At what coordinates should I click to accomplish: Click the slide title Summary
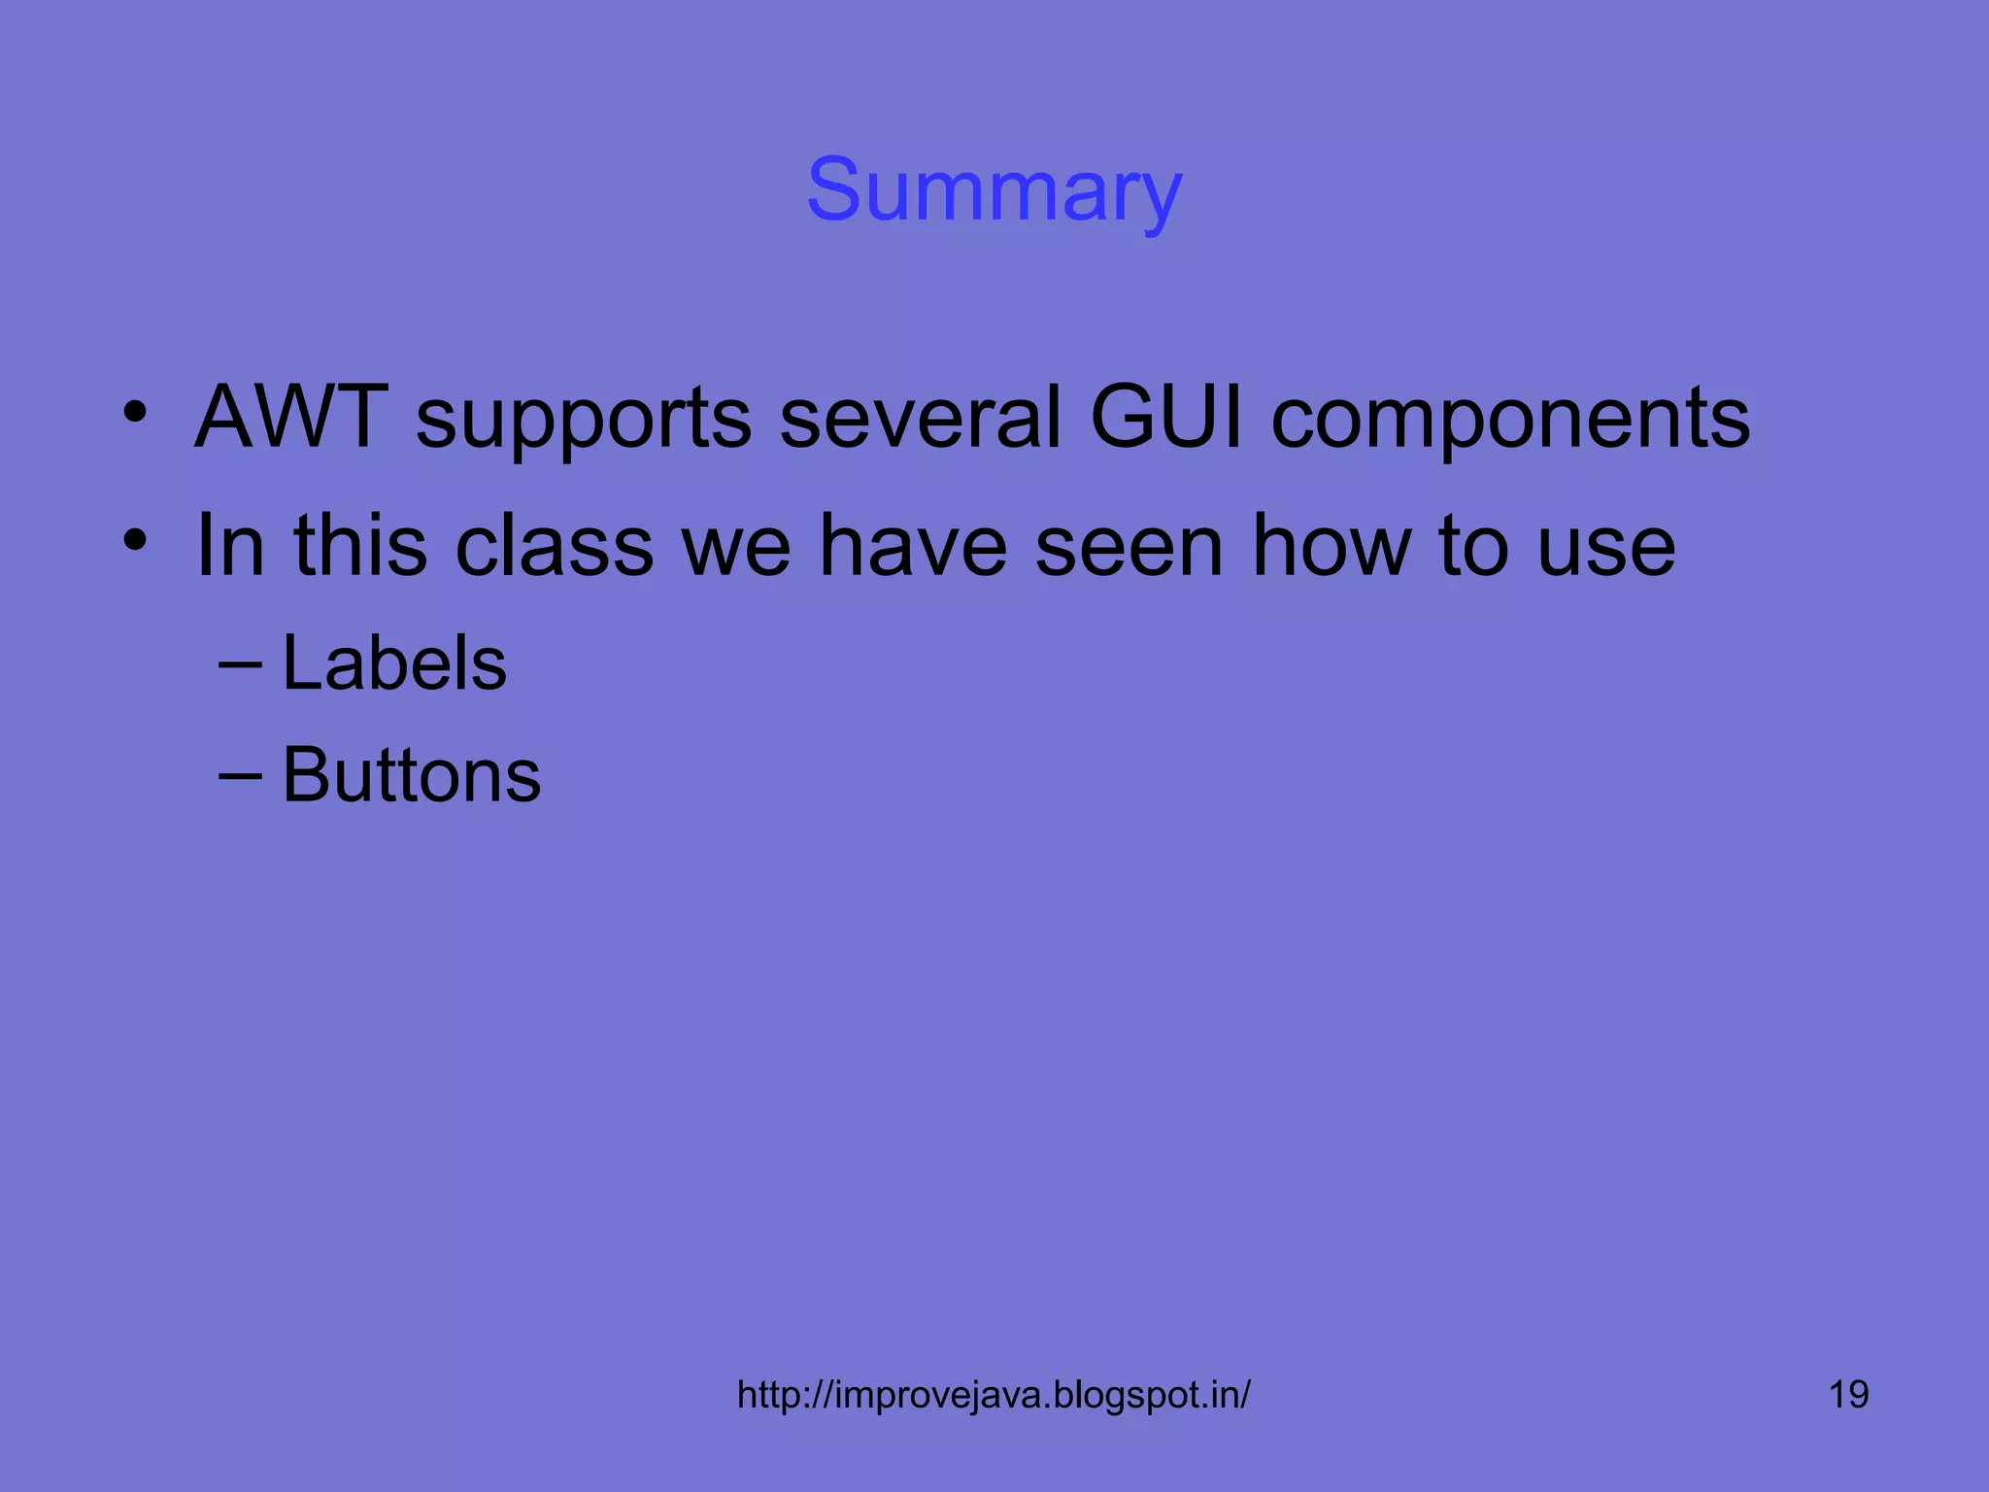click(x=994, y=190)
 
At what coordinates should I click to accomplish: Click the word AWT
click(x=291, y=418)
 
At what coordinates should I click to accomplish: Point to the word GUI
click(x=1165, y=418)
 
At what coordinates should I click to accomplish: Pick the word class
click(x=555, y=546)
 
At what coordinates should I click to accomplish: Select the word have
click(x=913, y=546)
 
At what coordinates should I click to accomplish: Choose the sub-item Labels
click(x=394, y=663)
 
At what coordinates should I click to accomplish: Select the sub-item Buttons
click(x=411, y=775)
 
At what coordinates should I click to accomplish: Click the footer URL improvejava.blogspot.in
click(x=994, y=1395)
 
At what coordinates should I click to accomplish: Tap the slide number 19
click(x=1848, y=1395)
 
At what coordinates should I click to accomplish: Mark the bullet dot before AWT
click(x=135, y=412)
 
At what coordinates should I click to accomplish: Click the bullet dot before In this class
click(x=135, y=539)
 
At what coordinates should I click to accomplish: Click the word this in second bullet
click(x=360, y=546)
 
